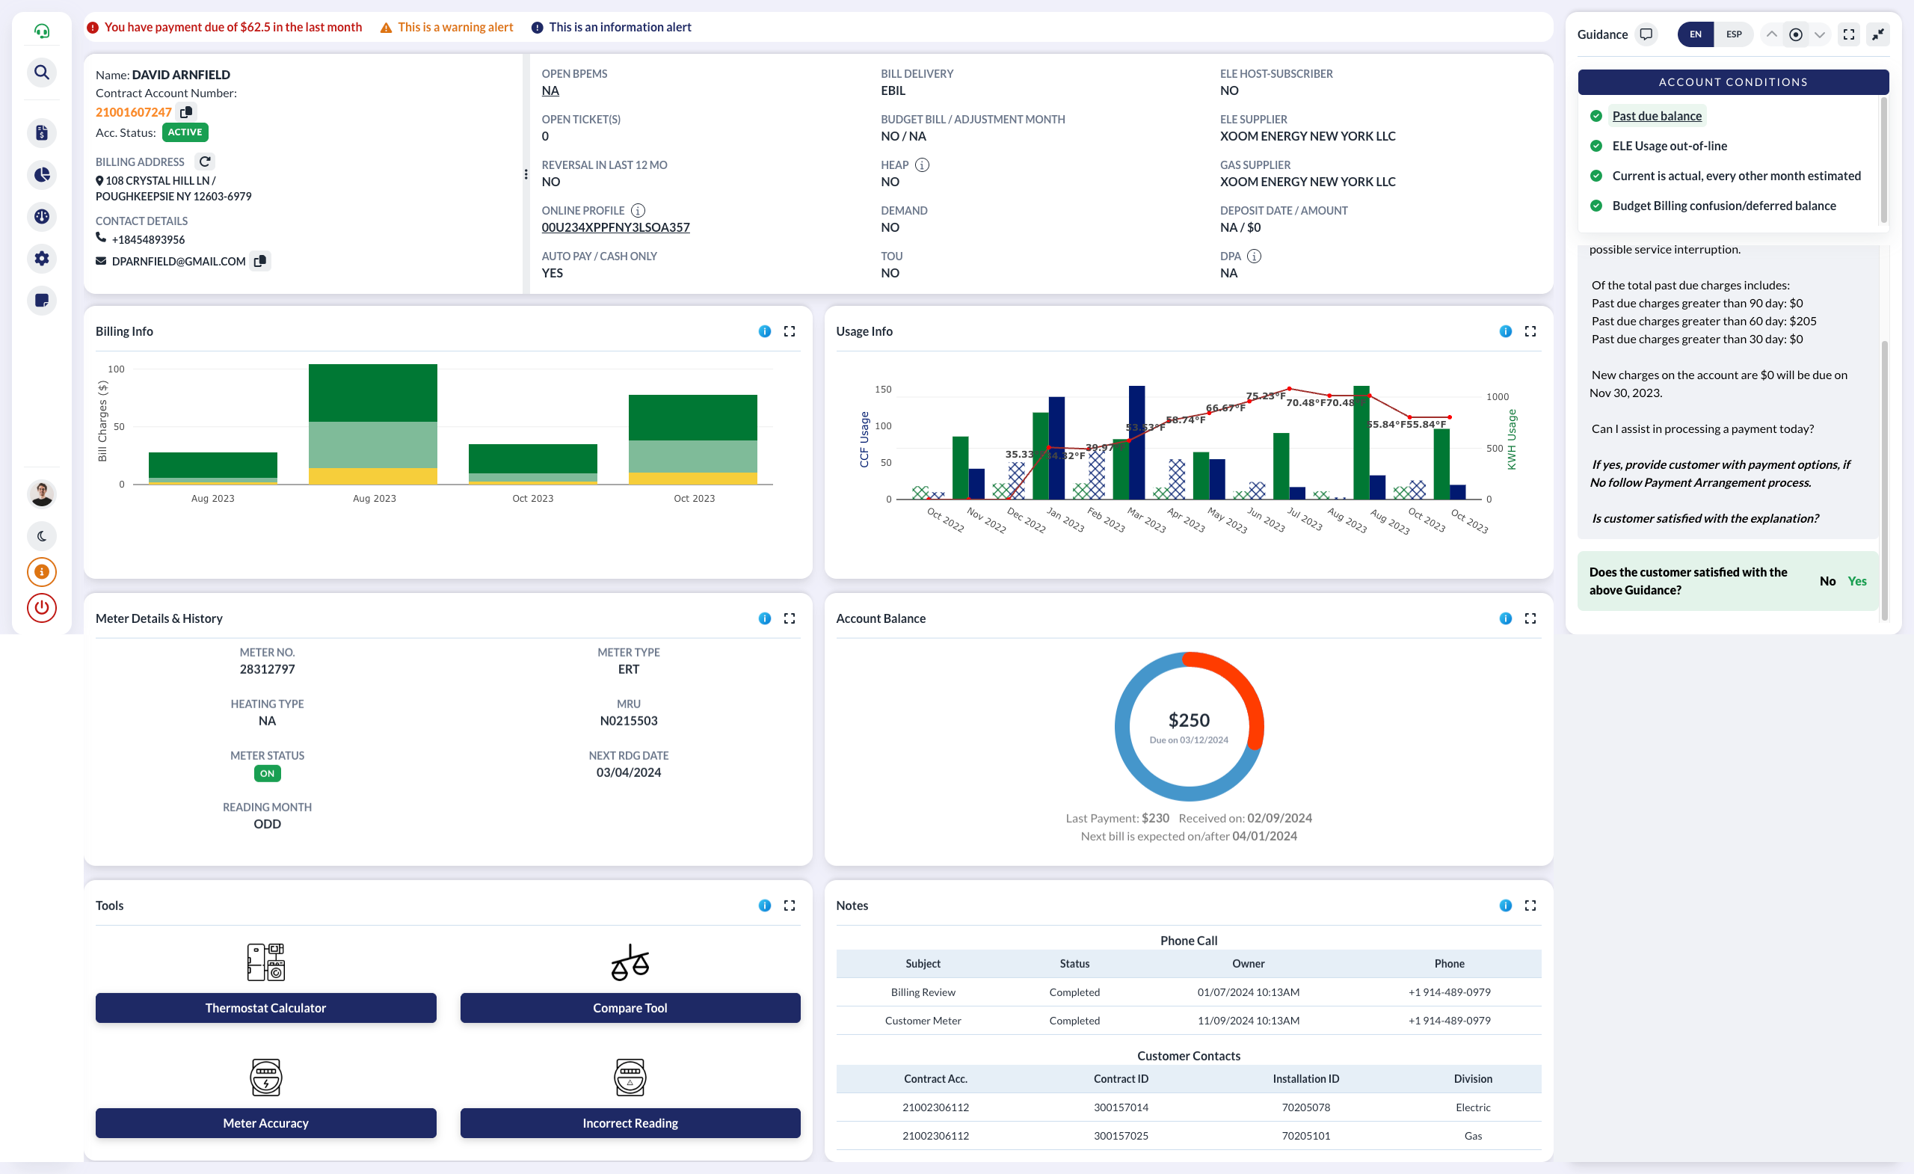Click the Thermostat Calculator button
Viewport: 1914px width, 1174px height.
pos(265,1008)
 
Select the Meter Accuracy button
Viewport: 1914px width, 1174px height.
pos(265,1122)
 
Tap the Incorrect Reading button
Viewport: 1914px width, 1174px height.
pos(630,1122)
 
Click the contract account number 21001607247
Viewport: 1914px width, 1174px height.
pos(134,112)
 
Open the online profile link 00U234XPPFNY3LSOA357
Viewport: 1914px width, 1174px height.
pos(615,227)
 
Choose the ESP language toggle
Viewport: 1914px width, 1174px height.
pos(1734,34)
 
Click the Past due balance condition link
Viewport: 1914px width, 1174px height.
pos(1657,116)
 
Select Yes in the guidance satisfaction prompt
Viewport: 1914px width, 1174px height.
pos(1856,581)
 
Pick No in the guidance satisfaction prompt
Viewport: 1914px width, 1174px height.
pos(1827,581)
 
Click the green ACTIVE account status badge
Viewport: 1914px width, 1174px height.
pos(185,132)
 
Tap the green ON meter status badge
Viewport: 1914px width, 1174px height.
pos(267,773)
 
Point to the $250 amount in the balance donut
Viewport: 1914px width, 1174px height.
pos(1189,720)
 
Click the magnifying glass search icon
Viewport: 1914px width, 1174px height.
pos(42,73)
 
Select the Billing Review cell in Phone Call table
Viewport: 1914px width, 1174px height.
pos(923,992)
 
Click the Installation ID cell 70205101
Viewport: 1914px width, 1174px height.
pos(1305,1135)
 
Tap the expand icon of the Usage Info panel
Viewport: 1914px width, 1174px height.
pos(1530,331)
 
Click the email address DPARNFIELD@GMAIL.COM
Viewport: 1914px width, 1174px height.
pos(179,261)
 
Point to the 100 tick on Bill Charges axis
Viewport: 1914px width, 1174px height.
pos(117,369)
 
